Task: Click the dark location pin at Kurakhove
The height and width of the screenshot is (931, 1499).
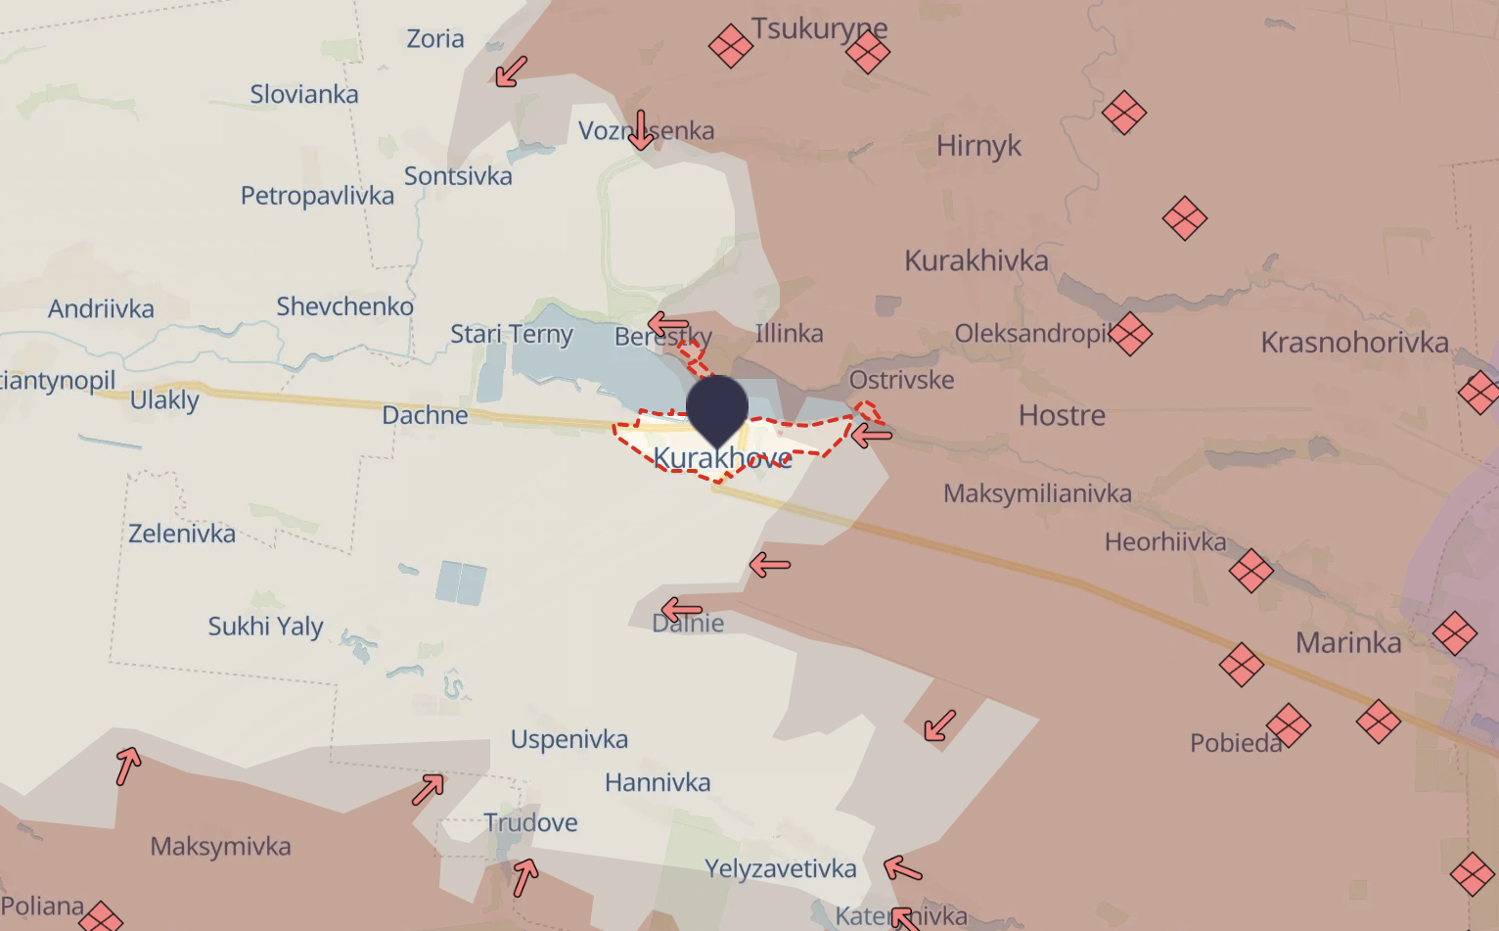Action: tap(717, 407)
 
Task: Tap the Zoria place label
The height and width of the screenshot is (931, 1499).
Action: tap(435, 39)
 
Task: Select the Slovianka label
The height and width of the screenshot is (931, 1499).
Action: tap(304, 95)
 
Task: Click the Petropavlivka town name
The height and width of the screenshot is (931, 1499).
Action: tap(317, 196)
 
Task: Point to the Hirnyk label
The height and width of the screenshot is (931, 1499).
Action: tap(978, 146)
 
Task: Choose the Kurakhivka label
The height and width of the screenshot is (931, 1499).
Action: tap(976, 260)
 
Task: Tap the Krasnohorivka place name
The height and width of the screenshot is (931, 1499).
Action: tap(1354, 343)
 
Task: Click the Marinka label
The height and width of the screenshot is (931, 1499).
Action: tap(1348, 643)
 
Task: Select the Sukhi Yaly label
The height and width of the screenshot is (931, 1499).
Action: tap(265, 627)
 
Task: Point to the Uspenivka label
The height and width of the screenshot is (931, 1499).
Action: tap(569, 739)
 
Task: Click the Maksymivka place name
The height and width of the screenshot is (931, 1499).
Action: tap(220, 847)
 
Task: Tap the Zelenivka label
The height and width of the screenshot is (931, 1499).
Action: tap(182, 535)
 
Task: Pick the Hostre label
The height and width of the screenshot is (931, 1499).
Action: tap(1062, 416)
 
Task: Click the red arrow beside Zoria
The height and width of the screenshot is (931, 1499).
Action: tap(511, 71)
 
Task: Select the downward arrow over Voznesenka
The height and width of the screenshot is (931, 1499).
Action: tap(641, 130)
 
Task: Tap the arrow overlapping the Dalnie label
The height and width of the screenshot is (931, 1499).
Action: tap(681, 610)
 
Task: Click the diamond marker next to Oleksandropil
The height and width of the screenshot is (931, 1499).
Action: tap(1130, 334)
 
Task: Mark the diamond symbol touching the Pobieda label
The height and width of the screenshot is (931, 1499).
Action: tap(1288, 725)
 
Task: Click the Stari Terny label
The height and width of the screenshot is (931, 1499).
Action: tap(512, 335)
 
